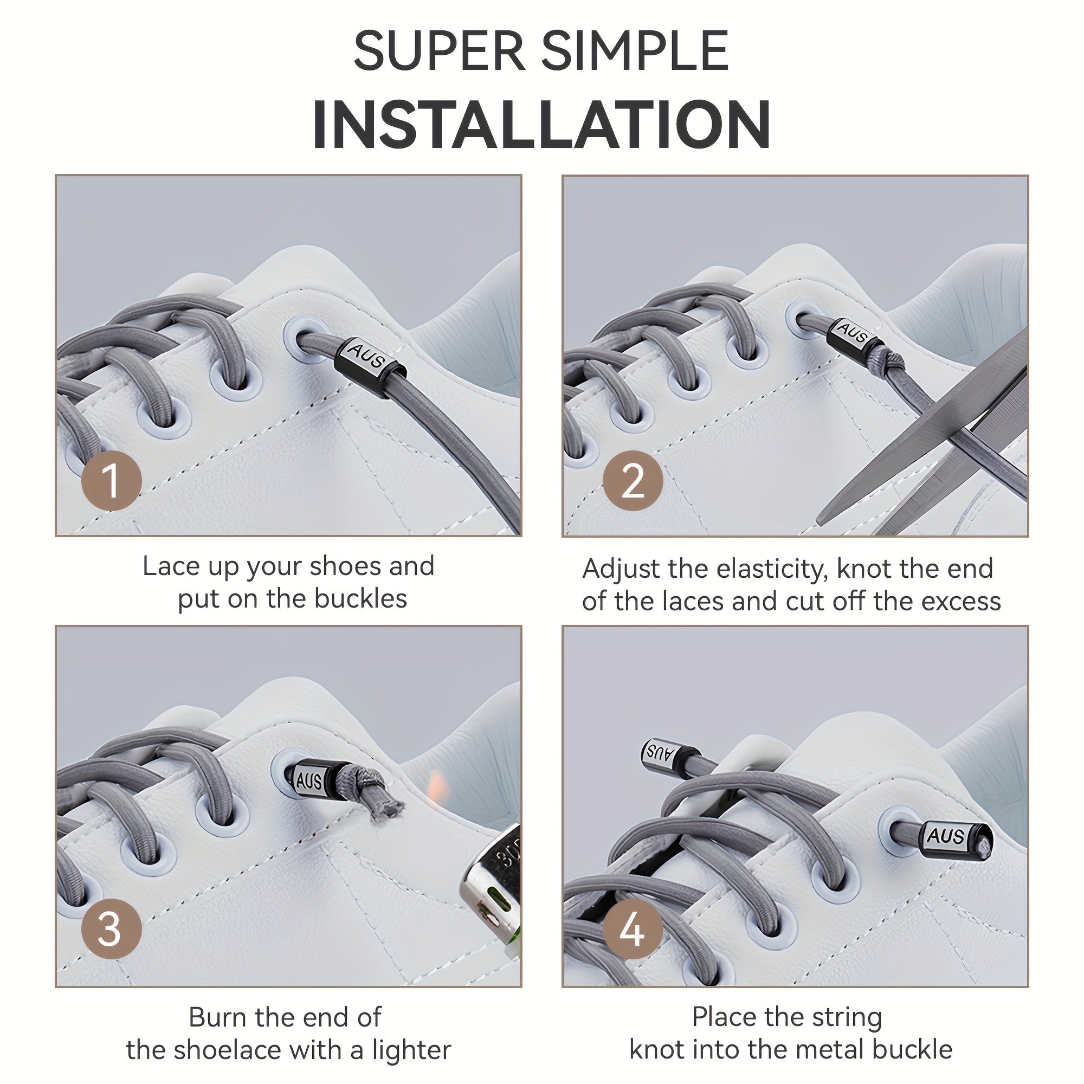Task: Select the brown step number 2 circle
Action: coord(633,480)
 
